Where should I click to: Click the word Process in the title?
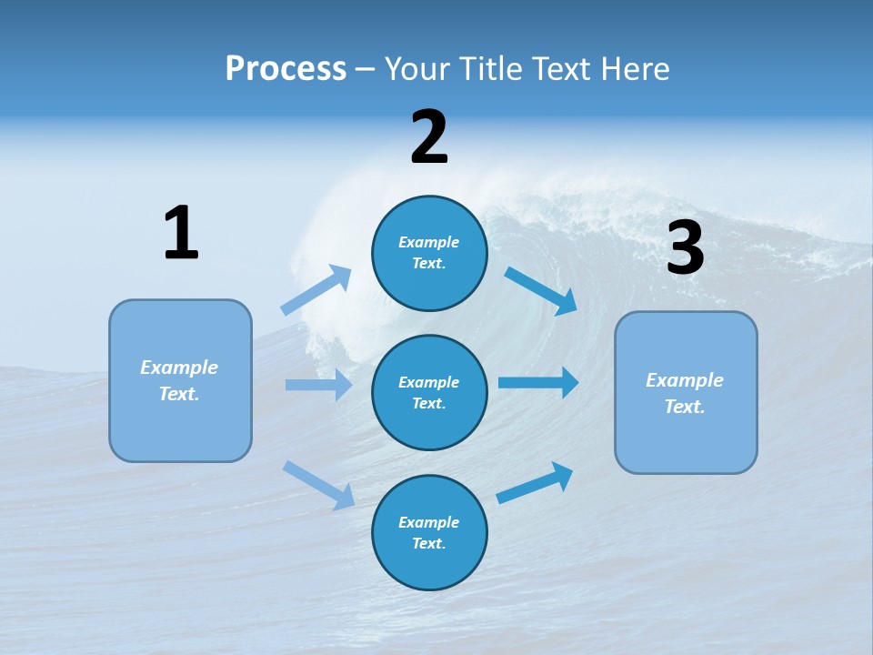point(286,69)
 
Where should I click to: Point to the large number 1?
point(181,233)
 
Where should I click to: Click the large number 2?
point(429,137)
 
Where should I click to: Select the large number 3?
point(686,248)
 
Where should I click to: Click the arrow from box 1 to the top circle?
point(316,290)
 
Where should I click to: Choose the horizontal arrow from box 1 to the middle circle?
point(318,385)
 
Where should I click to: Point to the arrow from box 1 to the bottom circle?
point(318,484)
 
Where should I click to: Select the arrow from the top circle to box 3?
point(541,290)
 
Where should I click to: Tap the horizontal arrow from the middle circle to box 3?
point(538,382)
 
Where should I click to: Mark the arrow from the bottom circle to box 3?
point(535,483)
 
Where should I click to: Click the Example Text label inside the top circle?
point(429,253)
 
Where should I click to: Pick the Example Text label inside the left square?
point(180,380)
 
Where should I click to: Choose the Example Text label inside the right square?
point(686,393)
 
